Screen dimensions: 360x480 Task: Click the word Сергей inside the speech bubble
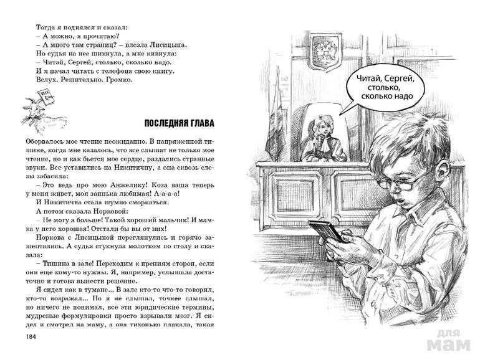(398, 80)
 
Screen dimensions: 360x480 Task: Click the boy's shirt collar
(430, 212)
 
